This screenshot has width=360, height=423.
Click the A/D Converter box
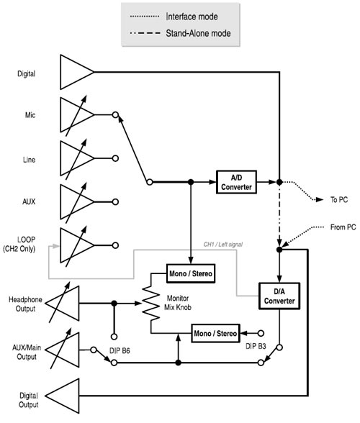[236, 182]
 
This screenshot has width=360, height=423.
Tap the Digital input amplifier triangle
[74, 73]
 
